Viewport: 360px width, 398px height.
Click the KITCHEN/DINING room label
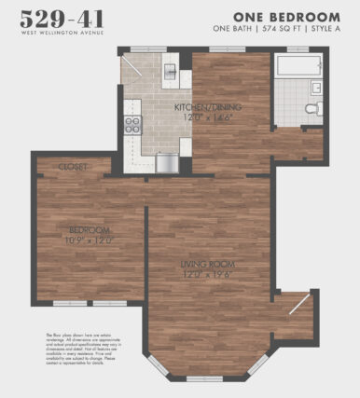(208, 107)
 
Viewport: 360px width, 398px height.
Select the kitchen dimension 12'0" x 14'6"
(208, 117)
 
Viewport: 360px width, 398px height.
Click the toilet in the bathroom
(313, 109)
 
